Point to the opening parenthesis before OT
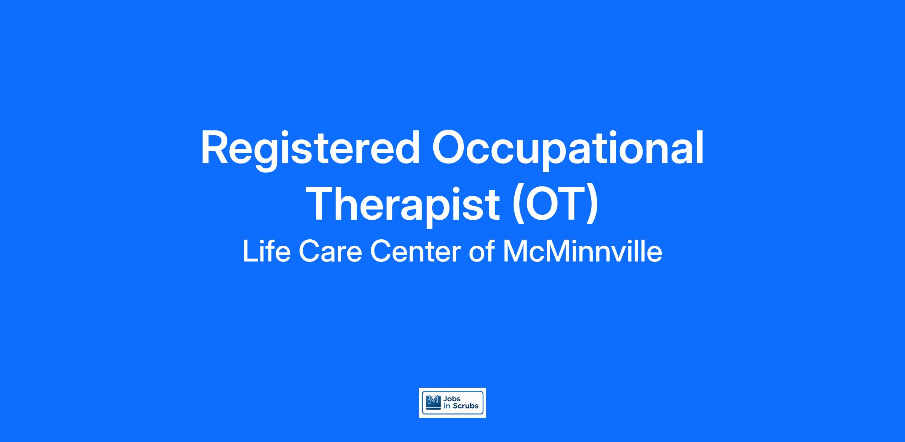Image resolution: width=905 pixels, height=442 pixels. tap(516, 205)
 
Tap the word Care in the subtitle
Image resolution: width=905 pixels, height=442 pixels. tap(330, 251)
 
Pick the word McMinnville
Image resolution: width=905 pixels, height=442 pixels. tap(583, 251)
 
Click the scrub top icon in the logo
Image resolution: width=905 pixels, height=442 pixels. tap(433, 402)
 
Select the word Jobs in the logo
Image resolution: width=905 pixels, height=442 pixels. tap(452, 399)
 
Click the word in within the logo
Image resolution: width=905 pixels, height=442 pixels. tap(447, 406)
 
